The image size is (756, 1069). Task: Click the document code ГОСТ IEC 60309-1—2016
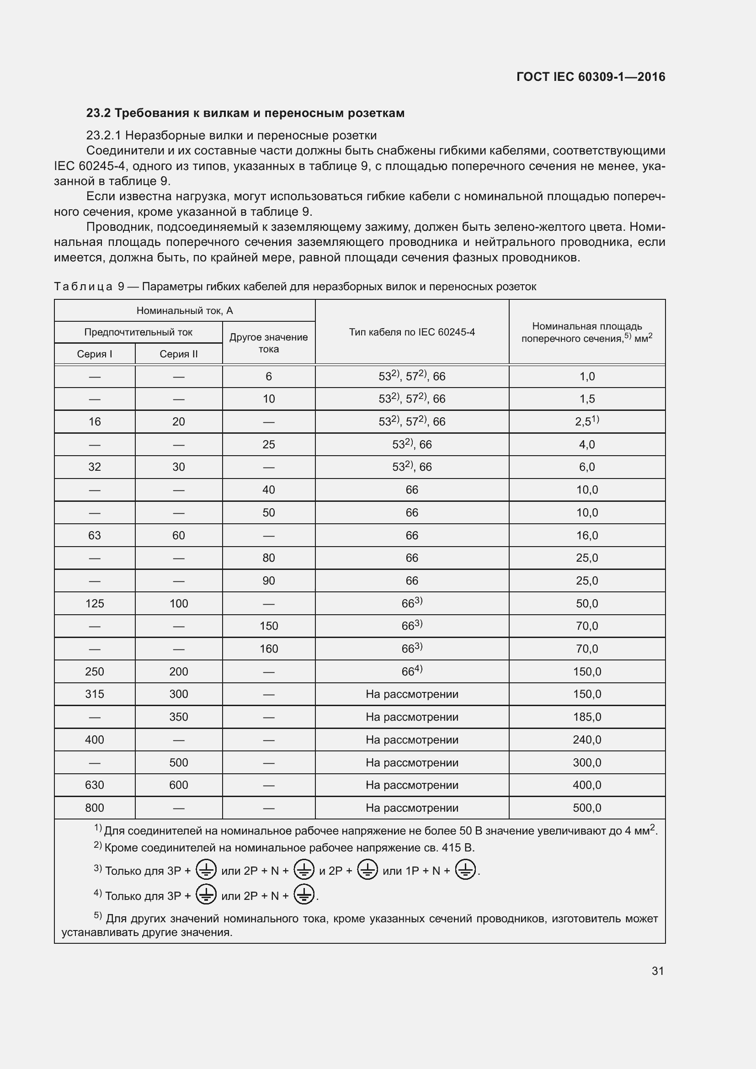pyautogui.click(x=590, y=77)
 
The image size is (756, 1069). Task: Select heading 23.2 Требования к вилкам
pyautogui.click(x=245, y=113)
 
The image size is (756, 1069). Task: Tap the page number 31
pyautogui.click(x=657, y=971)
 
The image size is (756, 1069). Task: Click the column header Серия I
pyautogui.click(x=95, y=354)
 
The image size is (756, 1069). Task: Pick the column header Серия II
pyautogui.click(x=178, y=354)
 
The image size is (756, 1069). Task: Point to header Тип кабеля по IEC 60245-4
pyautogui.click(x=411, y=332)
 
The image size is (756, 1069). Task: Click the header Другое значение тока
pyautogui.click(x=269, y=343)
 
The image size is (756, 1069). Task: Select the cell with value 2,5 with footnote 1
pyautogui.click(x=586, y=421)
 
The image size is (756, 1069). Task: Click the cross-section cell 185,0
pyautogui.click(x=586, y=717)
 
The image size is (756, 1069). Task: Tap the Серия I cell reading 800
pyautogui.click(x=95, y=808)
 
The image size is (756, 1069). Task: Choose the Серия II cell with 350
pyautogui.click(x=178, y=717)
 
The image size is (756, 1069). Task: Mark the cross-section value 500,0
pyautogui.click(x=586, y=808)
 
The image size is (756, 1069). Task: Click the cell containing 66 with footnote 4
pyautogui.click(x=411, y=671)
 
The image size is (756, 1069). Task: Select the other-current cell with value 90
pyautogui.click(x=269, y=580)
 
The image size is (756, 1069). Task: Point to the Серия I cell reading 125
pyautogui.click(x=95, y=603)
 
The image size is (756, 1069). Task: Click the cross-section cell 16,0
pyautogui.click(x=586, y=536)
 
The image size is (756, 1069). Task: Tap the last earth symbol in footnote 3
pyautogui.click(x=465, y=870)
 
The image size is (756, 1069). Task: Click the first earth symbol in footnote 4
pyautogui.click(x=206, y=895)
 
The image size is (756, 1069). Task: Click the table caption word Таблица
pyautogui.click(x=83, y=287)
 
